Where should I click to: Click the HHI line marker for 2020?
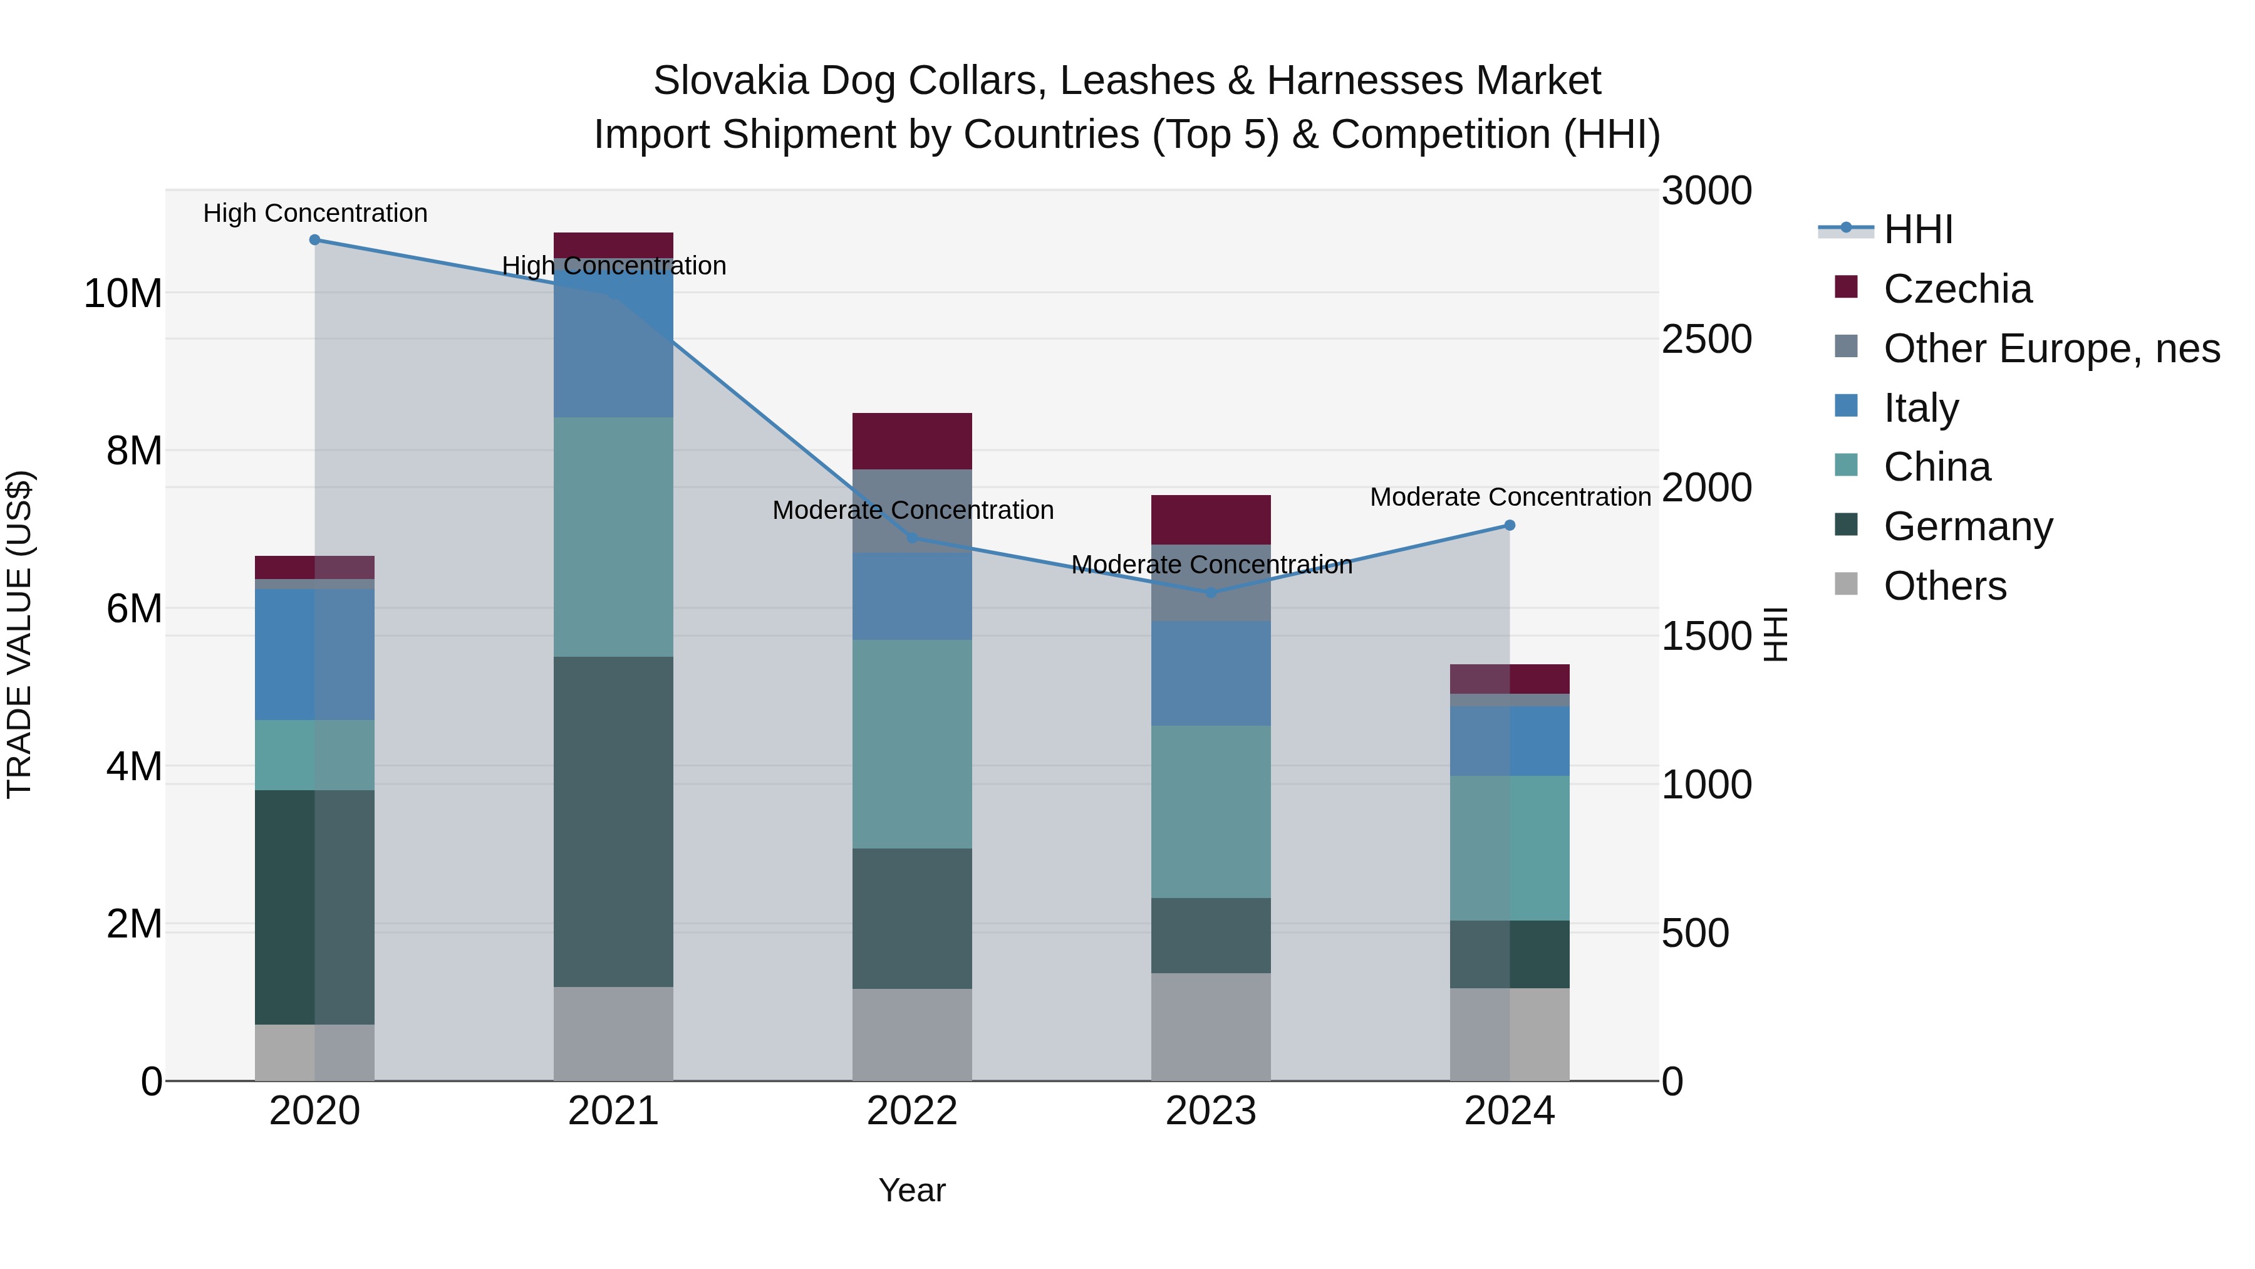315,240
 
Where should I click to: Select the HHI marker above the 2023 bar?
1211,593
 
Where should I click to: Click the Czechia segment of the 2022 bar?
912,441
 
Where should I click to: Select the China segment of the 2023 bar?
1211,811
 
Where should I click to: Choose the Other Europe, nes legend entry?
2050,348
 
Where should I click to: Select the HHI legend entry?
1917,229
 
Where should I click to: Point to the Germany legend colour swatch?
1846,525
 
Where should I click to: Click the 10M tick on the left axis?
123,293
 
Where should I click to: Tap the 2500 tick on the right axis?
1706,340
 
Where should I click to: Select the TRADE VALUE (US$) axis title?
19,634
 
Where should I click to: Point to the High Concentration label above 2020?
315,213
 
